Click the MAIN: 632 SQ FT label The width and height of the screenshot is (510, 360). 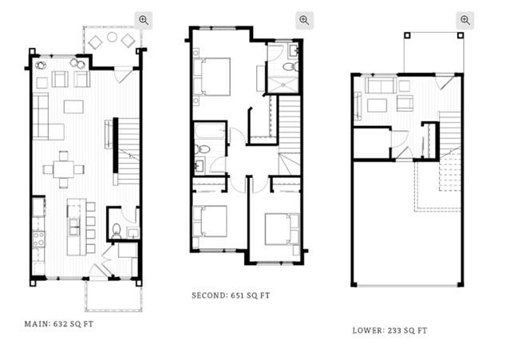click(59, 324)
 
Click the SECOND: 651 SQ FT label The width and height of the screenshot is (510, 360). click(231, 295)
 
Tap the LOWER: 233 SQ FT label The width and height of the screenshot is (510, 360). click(389, 330)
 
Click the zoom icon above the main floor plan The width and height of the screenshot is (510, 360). click(144, 20)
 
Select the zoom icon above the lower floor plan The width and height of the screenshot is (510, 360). click(465, 20)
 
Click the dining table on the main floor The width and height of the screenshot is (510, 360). click(63, 169)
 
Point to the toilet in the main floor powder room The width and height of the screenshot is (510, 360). click(116, 230)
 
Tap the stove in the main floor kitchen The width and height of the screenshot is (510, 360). click(38, 239)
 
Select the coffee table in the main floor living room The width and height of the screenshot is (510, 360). click(73, 107)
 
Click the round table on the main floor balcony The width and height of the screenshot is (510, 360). click(113, 37)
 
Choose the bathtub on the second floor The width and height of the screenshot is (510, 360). click(210, 130)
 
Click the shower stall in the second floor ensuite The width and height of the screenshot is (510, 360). click(283, 85)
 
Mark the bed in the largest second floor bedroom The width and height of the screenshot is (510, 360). click(212, 77)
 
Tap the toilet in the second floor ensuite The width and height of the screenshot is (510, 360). click(289, 67)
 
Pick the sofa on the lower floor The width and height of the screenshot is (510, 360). click(381, 85)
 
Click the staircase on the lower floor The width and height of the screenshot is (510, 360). click(450, 134)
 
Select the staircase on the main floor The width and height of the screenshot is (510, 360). click(128, 152)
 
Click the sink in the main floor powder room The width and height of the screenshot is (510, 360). click(133, 233)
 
